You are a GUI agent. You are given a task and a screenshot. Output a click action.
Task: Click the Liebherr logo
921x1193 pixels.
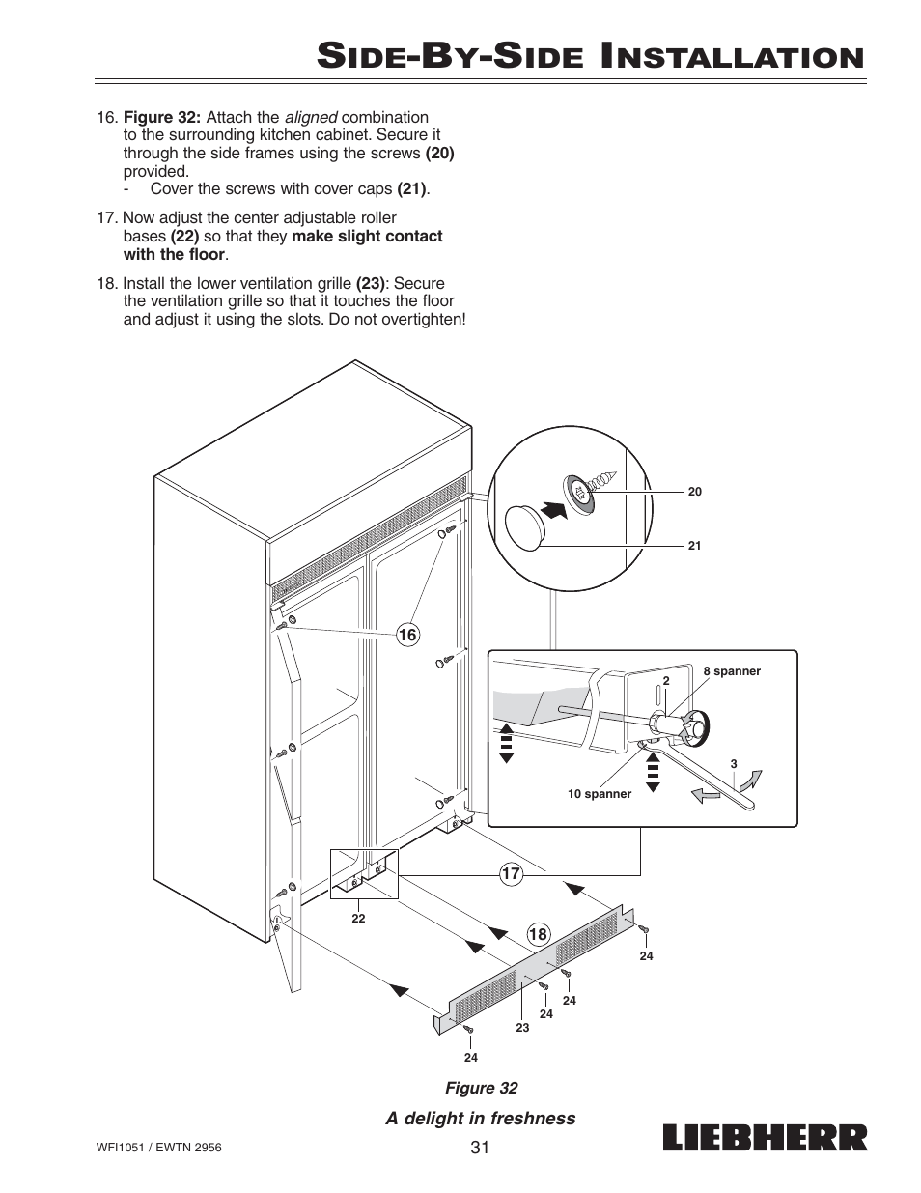point(765,1138)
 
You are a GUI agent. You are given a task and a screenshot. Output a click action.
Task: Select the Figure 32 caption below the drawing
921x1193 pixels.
point(481,1089)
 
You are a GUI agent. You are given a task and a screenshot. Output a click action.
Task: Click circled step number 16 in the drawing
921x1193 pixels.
point(407,635)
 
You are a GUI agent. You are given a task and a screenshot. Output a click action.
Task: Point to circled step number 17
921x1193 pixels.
point(510,874)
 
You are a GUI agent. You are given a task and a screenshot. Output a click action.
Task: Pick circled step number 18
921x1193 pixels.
point(538,934)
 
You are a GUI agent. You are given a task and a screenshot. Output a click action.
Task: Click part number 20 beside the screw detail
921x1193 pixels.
point(694,492)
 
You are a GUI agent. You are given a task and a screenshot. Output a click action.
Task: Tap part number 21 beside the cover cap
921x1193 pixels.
point(694,546)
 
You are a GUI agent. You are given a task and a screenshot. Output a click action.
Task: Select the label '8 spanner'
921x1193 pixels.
point(732,671)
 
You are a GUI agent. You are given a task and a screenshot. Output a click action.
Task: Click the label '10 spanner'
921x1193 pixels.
point(599,794)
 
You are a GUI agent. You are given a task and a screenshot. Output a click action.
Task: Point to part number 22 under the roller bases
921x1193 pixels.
point(358,919)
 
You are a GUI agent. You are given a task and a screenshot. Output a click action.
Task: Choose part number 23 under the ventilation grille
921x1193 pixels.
point(522,1028)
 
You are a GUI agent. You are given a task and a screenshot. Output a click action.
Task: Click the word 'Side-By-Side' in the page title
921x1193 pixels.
point(448,55)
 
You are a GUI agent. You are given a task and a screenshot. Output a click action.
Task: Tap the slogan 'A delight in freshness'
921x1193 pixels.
point(481,1119)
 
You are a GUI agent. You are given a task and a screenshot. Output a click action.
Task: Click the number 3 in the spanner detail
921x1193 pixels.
point(734,764)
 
